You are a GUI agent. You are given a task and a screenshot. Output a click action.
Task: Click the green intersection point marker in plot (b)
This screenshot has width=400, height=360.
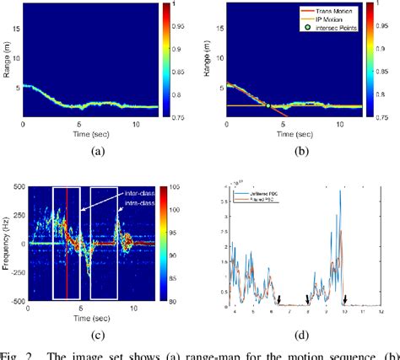coord(268,106)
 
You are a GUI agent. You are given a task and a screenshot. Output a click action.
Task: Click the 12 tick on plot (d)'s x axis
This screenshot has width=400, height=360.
coord(385,312)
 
